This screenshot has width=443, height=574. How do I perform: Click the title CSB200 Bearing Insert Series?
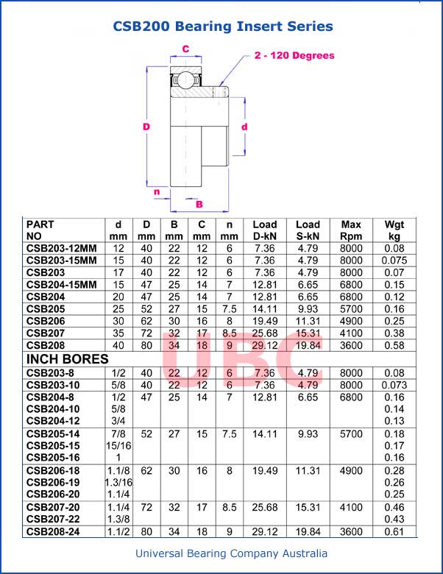[222, 26]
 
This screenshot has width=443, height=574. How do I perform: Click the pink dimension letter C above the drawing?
[185, 49]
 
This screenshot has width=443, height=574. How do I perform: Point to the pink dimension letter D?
[146, 127]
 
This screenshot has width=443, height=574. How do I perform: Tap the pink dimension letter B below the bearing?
[199, 204]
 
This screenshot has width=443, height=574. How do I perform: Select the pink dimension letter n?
[157, 192]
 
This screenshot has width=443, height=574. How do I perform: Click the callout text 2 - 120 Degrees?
[294, 55]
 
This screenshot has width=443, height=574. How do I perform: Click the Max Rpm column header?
[351, 230]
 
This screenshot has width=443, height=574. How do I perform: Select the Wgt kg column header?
[394, 230]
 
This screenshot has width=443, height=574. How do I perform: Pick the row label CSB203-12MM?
[62, 249]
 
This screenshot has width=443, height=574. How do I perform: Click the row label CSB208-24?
[54, 531]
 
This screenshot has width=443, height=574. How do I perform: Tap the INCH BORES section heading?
[68, 359]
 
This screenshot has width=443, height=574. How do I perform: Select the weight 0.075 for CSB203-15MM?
[394, 261]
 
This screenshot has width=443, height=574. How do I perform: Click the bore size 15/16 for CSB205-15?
[118, 446]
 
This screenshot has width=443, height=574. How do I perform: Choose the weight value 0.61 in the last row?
[394, 531]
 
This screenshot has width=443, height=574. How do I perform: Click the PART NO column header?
[40, 230]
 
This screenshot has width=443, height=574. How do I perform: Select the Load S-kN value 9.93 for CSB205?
[308, 308]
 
